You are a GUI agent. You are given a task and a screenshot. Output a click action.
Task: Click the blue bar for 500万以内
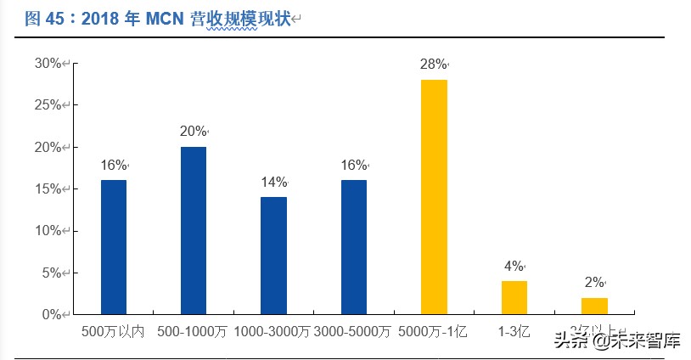113,247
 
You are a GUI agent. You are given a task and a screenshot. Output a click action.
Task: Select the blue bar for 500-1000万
194,230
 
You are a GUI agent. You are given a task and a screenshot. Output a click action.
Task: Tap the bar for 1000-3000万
273,256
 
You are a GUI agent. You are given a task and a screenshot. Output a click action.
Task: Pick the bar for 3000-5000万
354,247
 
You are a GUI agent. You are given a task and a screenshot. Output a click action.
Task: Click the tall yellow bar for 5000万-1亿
434,197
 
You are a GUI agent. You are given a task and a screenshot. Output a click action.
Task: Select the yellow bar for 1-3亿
514,297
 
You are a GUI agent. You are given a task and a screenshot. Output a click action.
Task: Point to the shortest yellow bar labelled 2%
594,306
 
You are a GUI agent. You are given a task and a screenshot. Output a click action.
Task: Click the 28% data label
433,65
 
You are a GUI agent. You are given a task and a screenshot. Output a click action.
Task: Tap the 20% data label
193,132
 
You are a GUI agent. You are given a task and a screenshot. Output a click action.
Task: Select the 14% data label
273,182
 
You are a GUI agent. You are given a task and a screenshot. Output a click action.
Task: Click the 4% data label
513,266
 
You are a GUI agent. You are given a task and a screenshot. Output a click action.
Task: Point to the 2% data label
593,283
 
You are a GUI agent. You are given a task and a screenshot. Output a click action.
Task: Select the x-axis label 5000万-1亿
434,331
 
